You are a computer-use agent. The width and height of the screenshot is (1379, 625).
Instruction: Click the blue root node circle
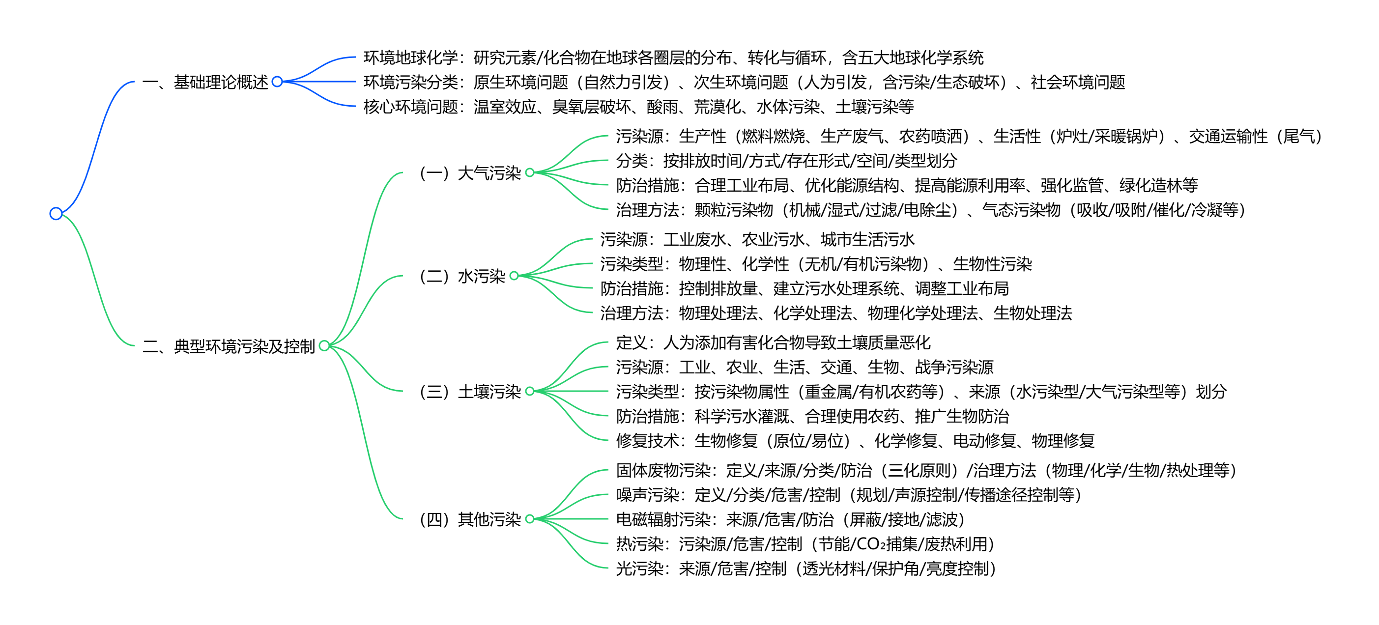[x=56, y=214]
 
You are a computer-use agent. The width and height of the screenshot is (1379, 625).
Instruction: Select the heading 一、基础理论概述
[x=205, y=82]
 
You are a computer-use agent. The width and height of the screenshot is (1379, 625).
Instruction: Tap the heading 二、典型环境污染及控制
[x=229, y=346]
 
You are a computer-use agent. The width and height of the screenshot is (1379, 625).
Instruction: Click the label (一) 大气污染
[x=470, y=173]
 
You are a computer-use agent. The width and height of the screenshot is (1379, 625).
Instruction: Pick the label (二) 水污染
[x=462, y=276]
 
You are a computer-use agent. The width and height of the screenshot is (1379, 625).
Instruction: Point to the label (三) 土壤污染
[x=470, y=392]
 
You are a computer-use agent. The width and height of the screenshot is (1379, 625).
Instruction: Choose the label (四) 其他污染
[x=470, y=519]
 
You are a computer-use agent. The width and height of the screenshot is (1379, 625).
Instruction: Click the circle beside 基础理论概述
[x=277, y=82]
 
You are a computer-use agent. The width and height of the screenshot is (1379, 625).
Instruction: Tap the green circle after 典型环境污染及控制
[x=324, y=346]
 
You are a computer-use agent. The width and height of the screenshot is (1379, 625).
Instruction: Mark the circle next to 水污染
[x=514, y=276]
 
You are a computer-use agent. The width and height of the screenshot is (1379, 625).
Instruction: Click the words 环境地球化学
[x=410, y=57]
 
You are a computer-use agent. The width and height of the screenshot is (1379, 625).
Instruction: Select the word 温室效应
[x=505, y=107]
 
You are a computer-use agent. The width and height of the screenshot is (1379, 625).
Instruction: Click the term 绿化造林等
[x=1158, y=185]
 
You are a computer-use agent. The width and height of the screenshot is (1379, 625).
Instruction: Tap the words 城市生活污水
[x=868, y=239]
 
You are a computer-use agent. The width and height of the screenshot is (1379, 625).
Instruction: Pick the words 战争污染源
[x=954, y=367]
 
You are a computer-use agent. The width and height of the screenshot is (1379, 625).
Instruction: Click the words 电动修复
[x=984, y=440]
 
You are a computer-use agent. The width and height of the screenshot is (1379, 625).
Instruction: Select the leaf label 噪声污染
[x=647, y=495]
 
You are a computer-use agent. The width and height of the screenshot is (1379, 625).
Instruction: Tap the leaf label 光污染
[x=639, y=568]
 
